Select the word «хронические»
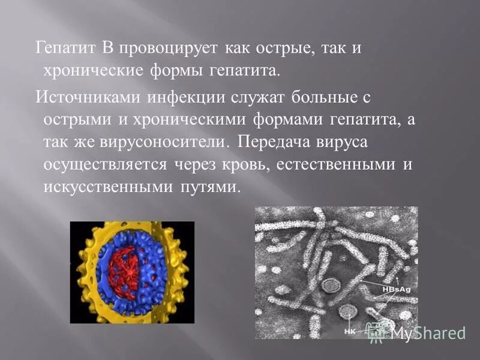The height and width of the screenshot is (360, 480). pyautogui.click(x=92, y=71)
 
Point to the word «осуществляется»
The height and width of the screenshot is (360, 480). pyautogui.click(x=106, y=164)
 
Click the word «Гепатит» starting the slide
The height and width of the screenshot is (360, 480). pyautogui.click(x=62, y=48)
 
